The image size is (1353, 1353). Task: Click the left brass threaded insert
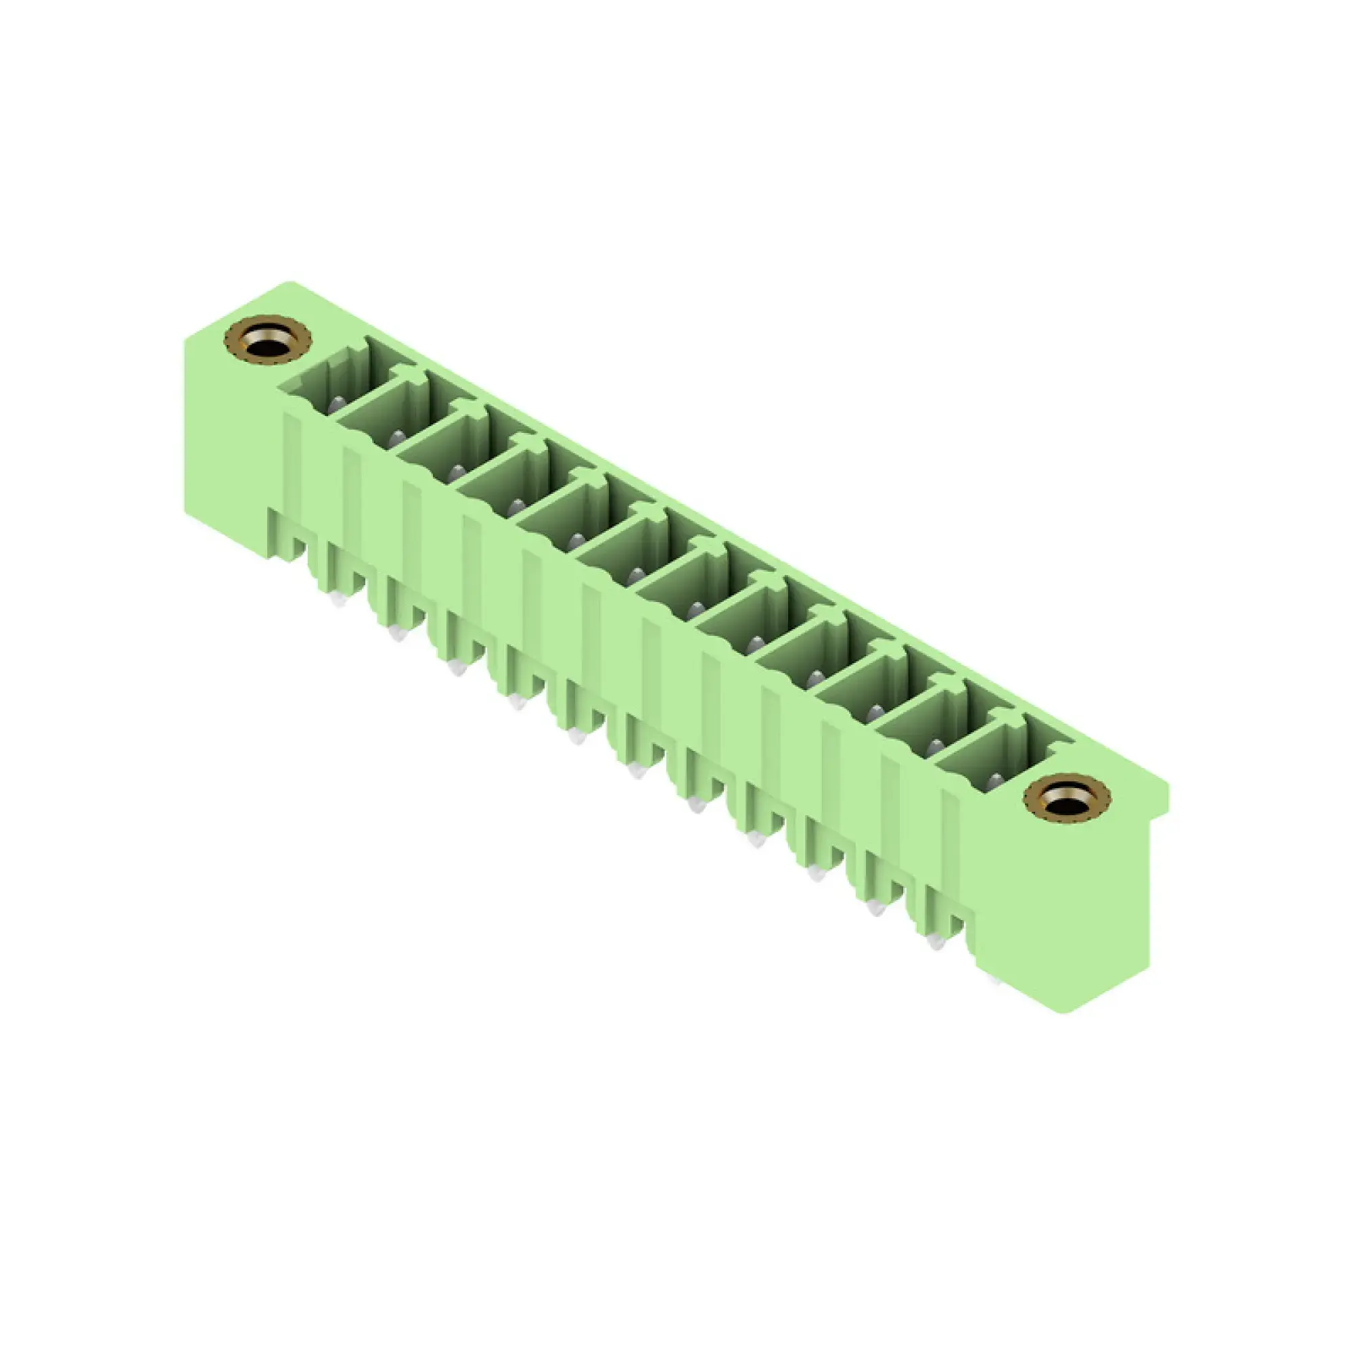[x=267, y=339]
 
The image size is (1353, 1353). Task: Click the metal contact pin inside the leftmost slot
[x=337, y=403]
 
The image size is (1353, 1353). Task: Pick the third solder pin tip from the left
[x=457, y=668]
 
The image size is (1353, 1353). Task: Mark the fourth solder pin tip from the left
[x=518, y=702]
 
